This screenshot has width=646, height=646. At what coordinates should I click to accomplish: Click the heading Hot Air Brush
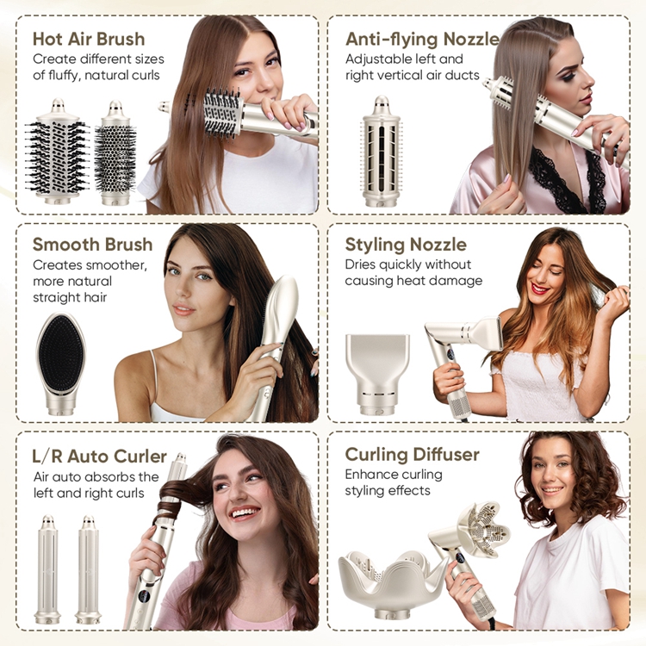[89, 39]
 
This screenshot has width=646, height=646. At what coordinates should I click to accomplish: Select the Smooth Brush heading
[92, 245]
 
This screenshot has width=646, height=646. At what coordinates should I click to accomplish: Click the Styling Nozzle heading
[406, 245]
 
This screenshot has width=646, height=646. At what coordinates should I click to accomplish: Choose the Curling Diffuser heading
[412, 454]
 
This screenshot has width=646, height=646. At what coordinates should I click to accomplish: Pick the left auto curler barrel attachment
[47, 568]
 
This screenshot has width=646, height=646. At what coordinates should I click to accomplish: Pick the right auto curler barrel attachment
[88, 568]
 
